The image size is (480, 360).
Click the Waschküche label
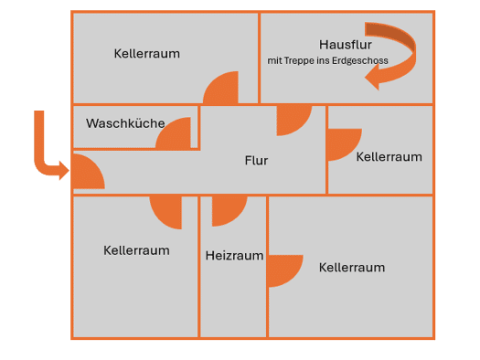[x=125, y=123]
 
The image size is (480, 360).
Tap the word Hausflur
[x=346, y=45]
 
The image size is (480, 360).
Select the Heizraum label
[x=234, y=256]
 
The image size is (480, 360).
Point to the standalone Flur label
[x=256, y=160]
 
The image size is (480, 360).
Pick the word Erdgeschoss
[x=360, y=60]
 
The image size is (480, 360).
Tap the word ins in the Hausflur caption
[x=324, y=60]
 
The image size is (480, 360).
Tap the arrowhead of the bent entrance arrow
[x=64, y=170]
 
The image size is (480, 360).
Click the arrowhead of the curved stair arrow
[x=373, y=78]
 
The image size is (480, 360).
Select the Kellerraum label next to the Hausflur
[x=147, y=54]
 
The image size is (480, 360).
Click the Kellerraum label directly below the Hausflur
[x=389, y=157]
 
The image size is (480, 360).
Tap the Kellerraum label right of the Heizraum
[x=352, y=268]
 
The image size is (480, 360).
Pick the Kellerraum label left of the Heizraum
[x=136, y=250]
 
